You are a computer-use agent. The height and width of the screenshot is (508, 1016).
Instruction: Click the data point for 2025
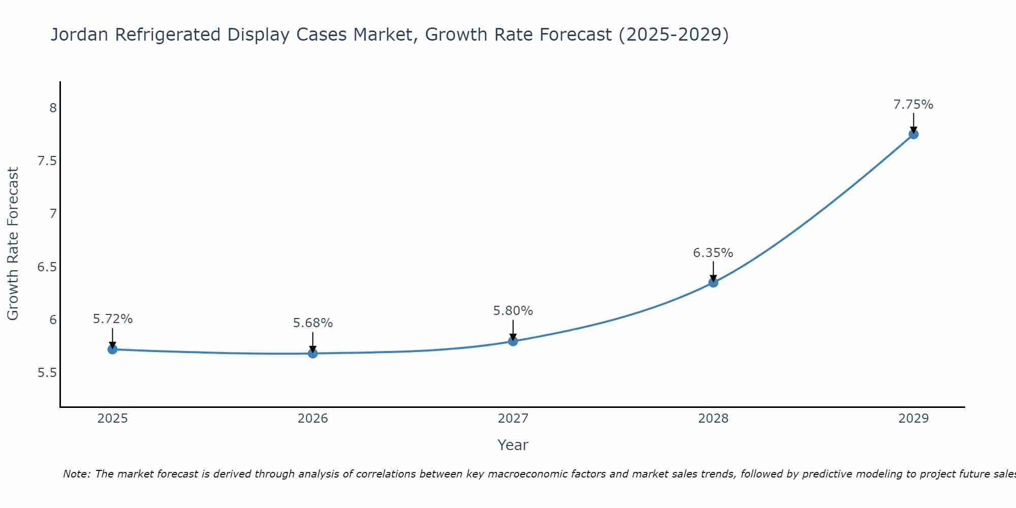click(113, 350)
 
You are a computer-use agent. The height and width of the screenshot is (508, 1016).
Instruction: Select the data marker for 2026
click(313, 353)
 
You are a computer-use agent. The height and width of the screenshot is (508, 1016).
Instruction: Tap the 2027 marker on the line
click(513, 341)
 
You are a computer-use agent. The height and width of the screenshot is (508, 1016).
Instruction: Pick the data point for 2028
click(713, 282)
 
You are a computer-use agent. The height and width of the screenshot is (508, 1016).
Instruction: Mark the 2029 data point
click(913, 134)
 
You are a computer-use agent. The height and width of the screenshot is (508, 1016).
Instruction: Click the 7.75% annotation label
click(913, 105)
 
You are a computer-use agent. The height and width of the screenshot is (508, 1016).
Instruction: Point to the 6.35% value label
click(713, 253)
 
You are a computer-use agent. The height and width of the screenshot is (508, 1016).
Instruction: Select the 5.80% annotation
click(513, 311)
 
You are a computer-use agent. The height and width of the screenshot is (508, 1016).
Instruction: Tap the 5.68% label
click(313, 323)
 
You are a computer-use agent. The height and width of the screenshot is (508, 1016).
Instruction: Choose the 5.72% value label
click(113, 319)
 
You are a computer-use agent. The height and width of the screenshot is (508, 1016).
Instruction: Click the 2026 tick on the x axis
click(313, 419)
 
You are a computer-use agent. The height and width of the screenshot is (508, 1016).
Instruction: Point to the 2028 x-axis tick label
click(713, 419)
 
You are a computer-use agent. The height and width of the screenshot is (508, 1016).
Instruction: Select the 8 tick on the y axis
click(52, 108)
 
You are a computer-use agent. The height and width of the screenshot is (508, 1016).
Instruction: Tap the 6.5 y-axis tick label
click(47, 267)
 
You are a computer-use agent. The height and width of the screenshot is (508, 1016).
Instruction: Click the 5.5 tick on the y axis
click(47, 373)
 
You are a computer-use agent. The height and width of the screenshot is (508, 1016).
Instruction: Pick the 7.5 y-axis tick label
click(47, 161)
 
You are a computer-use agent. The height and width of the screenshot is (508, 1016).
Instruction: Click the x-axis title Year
click(513, 445)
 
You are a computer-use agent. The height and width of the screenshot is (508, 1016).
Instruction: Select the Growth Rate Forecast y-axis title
click(13, 244)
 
